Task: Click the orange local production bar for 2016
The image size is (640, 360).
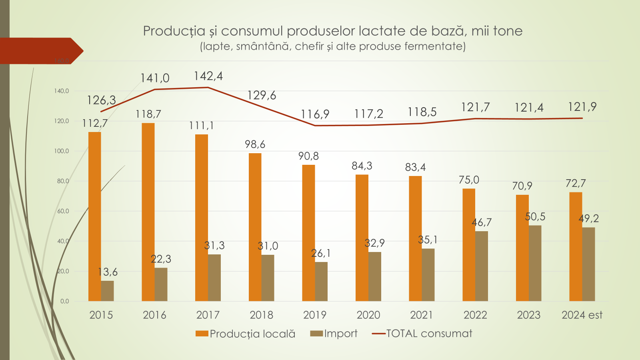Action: pos(148,212)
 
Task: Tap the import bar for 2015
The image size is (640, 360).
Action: pos(107,291)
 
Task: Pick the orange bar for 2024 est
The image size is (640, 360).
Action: pos(576,246)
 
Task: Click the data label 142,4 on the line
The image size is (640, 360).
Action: pos(208,76)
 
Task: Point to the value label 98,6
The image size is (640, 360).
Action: pos(255,144)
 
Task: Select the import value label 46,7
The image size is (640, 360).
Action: pos(482,222)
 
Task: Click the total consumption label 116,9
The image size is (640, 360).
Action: pos(315,114)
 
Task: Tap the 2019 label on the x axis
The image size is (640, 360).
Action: pos(315,315)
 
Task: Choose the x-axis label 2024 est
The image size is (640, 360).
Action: pos(582,315)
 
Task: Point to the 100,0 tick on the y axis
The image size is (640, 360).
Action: pos(62,151)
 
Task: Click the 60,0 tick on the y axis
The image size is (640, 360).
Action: pos(63,211)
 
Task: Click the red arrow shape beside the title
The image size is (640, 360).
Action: pos(40,51)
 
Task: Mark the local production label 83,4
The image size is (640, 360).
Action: pos(415,167)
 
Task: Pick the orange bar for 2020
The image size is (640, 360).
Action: pos(362,238)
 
